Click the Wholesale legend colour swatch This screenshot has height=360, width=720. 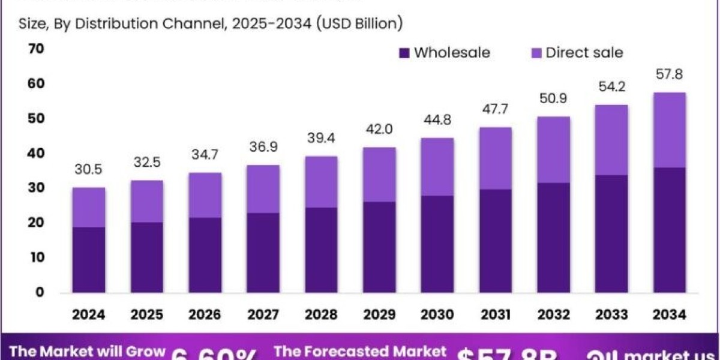[404, 53]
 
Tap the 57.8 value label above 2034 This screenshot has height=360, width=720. [670, 75]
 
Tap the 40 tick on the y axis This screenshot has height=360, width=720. [36, 153]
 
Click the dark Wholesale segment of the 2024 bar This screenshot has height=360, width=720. [89, 260]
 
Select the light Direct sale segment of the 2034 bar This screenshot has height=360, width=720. [670, 130]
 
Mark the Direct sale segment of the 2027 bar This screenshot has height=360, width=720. [263, 189]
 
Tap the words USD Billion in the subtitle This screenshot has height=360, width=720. [361, 24]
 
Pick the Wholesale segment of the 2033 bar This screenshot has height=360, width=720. [611, 234]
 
